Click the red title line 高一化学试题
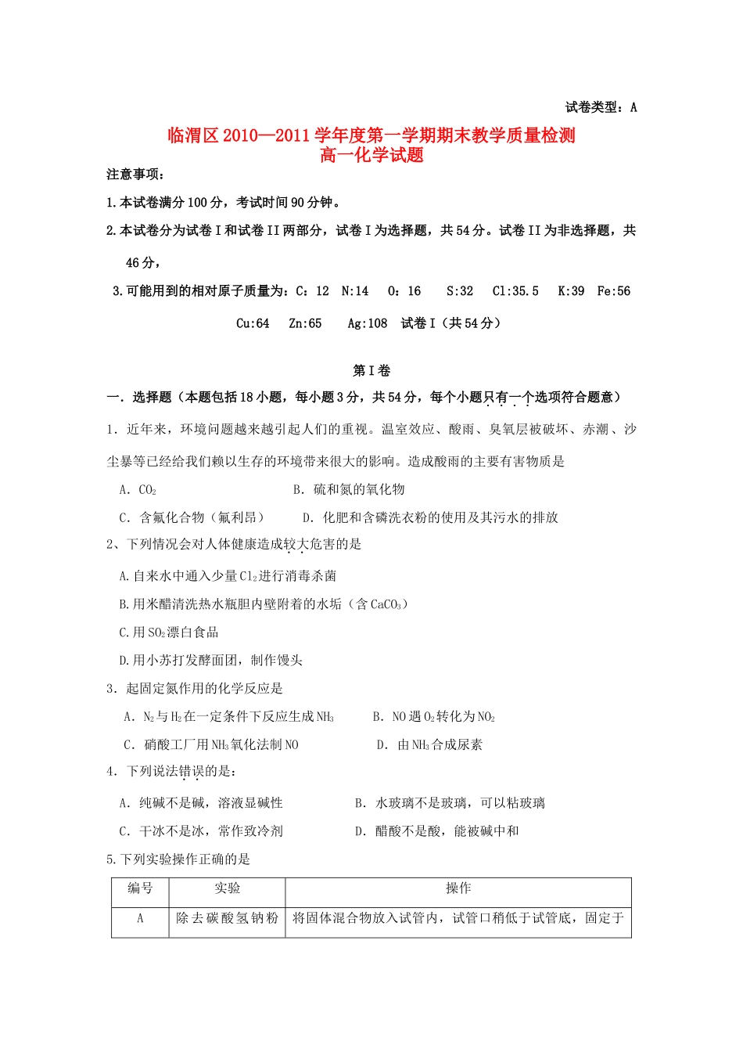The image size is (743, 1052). click(371, 155)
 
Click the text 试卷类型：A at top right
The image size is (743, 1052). click(601, 107)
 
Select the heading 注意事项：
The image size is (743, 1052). click(135, 174)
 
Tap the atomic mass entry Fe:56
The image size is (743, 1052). click(613, 291)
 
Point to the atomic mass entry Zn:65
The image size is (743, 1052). click(305, 323)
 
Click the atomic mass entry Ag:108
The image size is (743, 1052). click(368, 323)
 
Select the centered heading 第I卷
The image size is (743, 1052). click(371, 370)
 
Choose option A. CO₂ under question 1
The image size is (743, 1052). click(138, 490)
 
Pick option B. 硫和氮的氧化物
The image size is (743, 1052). click(349, 490)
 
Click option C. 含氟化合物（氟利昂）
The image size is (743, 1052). click(192, 517)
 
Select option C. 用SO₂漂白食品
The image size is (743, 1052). click(169, 632)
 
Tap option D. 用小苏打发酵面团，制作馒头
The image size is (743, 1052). click(210, 661)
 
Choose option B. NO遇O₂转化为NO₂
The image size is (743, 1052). click(434, 717)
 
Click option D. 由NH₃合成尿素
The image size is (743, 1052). click(429, 745)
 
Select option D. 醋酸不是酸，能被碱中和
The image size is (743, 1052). click(436, 831)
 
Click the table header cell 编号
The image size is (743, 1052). click(140, 888)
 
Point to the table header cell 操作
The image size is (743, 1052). click(458, 888)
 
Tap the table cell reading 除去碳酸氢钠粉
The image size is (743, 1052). click(227, 918)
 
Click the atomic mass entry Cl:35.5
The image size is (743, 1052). click(515, 291)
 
